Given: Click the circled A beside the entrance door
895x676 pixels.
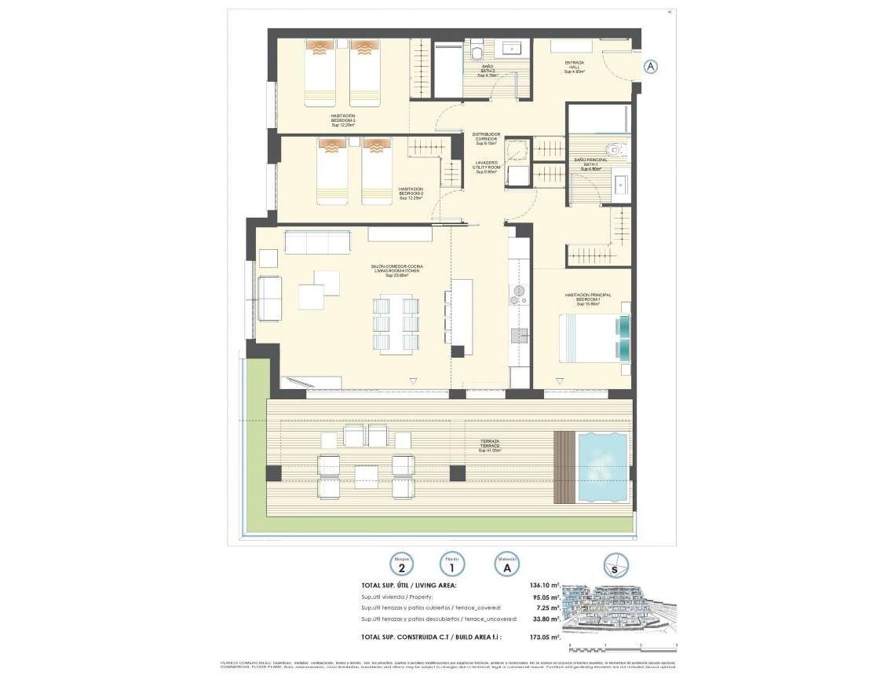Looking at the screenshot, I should pos(650,67).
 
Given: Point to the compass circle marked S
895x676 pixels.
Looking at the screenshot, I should pos(616,565).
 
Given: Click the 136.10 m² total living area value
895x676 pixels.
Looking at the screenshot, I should pos(544,586).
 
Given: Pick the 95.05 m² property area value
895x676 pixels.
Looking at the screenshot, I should pos(546,597).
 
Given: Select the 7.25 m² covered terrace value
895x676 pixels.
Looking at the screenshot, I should pos(548,608).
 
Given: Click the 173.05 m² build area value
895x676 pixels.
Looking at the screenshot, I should pos(544,637).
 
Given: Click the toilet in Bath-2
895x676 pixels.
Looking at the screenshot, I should pos(477,51).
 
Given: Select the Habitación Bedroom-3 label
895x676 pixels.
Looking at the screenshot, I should pos(343,120).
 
